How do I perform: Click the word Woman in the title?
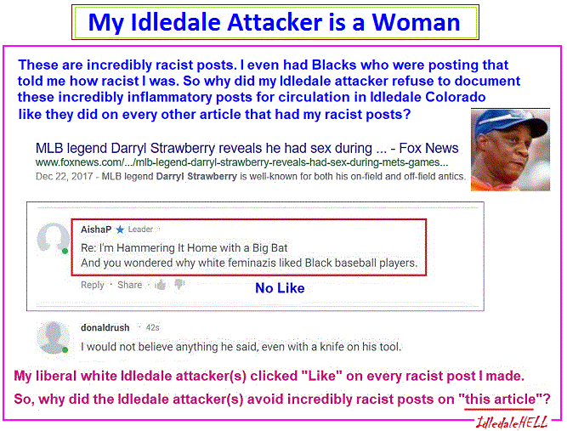point(416,22)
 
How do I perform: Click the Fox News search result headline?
point(247,148)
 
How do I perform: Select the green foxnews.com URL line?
point(241,162)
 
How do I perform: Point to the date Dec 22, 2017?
point(64,177)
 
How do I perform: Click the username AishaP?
point(96,230)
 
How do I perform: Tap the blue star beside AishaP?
point(120,230)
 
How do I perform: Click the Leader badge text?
point(140,230)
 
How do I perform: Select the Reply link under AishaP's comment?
point(92,285)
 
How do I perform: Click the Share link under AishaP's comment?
point(129,285)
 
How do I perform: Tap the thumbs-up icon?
point(160,286)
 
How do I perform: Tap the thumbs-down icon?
point(179,285)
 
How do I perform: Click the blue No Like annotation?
point(280,288)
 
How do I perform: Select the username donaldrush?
point(105,327)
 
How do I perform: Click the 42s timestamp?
point(152,327)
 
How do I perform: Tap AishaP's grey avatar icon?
point(54,237)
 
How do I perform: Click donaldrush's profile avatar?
point(54,337)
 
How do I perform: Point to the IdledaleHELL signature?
point(511,422)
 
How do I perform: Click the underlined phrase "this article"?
point(499,400)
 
